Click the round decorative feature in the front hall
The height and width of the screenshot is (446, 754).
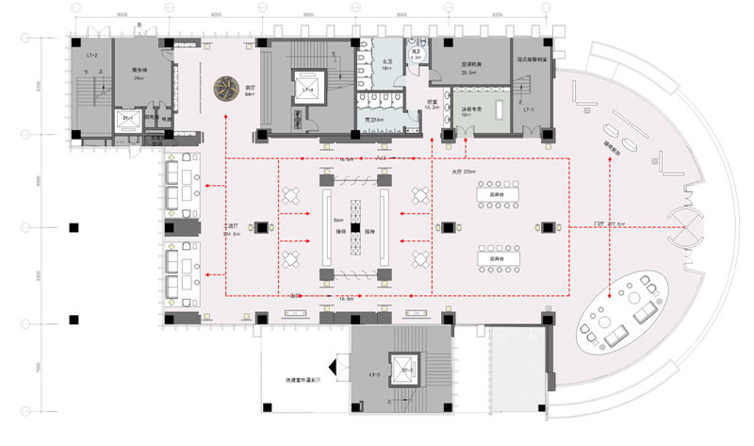pos(226,89)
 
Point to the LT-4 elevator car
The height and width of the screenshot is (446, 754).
pos(307,89)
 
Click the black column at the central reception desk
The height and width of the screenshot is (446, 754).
pos(354,227)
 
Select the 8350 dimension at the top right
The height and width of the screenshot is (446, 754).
pos(497,15)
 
